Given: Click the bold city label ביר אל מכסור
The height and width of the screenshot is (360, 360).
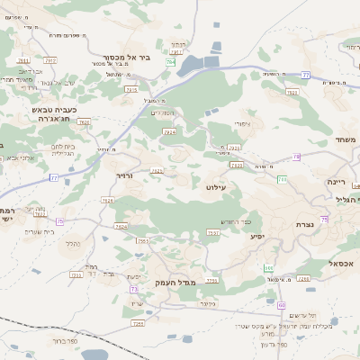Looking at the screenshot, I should point(126,56).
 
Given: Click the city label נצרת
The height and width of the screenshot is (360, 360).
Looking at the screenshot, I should point(303,224).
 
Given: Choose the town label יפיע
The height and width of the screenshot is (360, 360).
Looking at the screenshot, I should point(257,237).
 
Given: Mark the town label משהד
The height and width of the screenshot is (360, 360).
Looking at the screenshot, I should point(343,140).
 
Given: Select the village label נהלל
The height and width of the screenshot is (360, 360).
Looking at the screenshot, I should point(74,242).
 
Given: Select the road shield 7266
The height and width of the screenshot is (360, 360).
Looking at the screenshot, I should point(304,279).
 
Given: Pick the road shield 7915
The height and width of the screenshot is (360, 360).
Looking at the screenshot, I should point(132,89).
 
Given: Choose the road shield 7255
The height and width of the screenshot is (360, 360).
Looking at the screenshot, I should point(212,281).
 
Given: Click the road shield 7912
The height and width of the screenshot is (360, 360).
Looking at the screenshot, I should point(50,60).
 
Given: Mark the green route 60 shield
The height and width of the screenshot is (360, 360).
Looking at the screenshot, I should point(268,268).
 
